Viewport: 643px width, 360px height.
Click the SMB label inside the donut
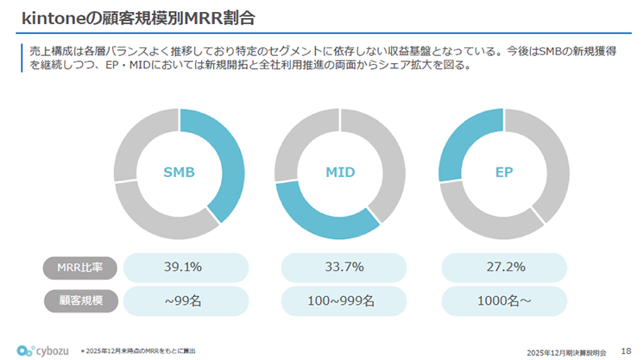179,173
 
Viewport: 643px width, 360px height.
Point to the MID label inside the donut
340,173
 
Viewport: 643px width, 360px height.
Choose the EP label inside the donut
505,173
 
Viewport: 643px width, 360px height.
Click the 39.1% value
183,267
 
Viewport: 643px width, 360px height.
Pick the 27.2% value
505,267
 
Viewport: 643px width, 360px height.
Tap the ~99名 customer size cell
183,300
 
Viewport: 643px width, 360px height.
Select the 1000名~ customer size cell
505,300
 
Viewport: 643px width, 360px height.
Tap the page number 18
626,351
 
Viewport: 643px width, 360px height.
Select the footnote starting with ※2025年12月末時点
138,351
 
